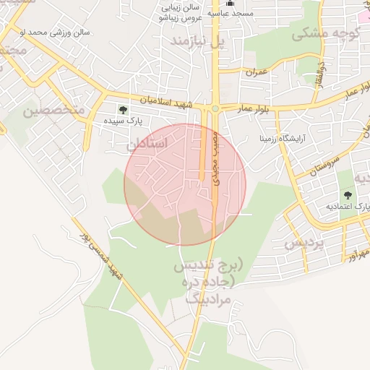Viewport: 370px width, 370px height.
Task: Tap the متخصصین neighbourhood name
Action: pos(54,110)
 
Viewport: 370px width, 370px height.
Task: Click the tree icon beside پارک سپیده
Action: pos(122,110)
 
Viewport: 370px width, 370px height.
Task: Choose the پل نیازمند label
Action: pos(198,42)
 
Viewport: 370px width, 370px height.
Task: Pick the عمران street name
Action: pos(256,73)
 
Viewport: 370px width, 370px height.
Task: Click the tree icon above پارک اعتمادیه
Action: pos(349,195)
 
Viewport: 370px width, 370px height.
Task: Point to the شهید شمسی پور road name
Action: pos(103,252)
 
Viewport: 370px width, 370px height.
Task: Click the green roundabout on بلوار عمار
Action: pos(215,109)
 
